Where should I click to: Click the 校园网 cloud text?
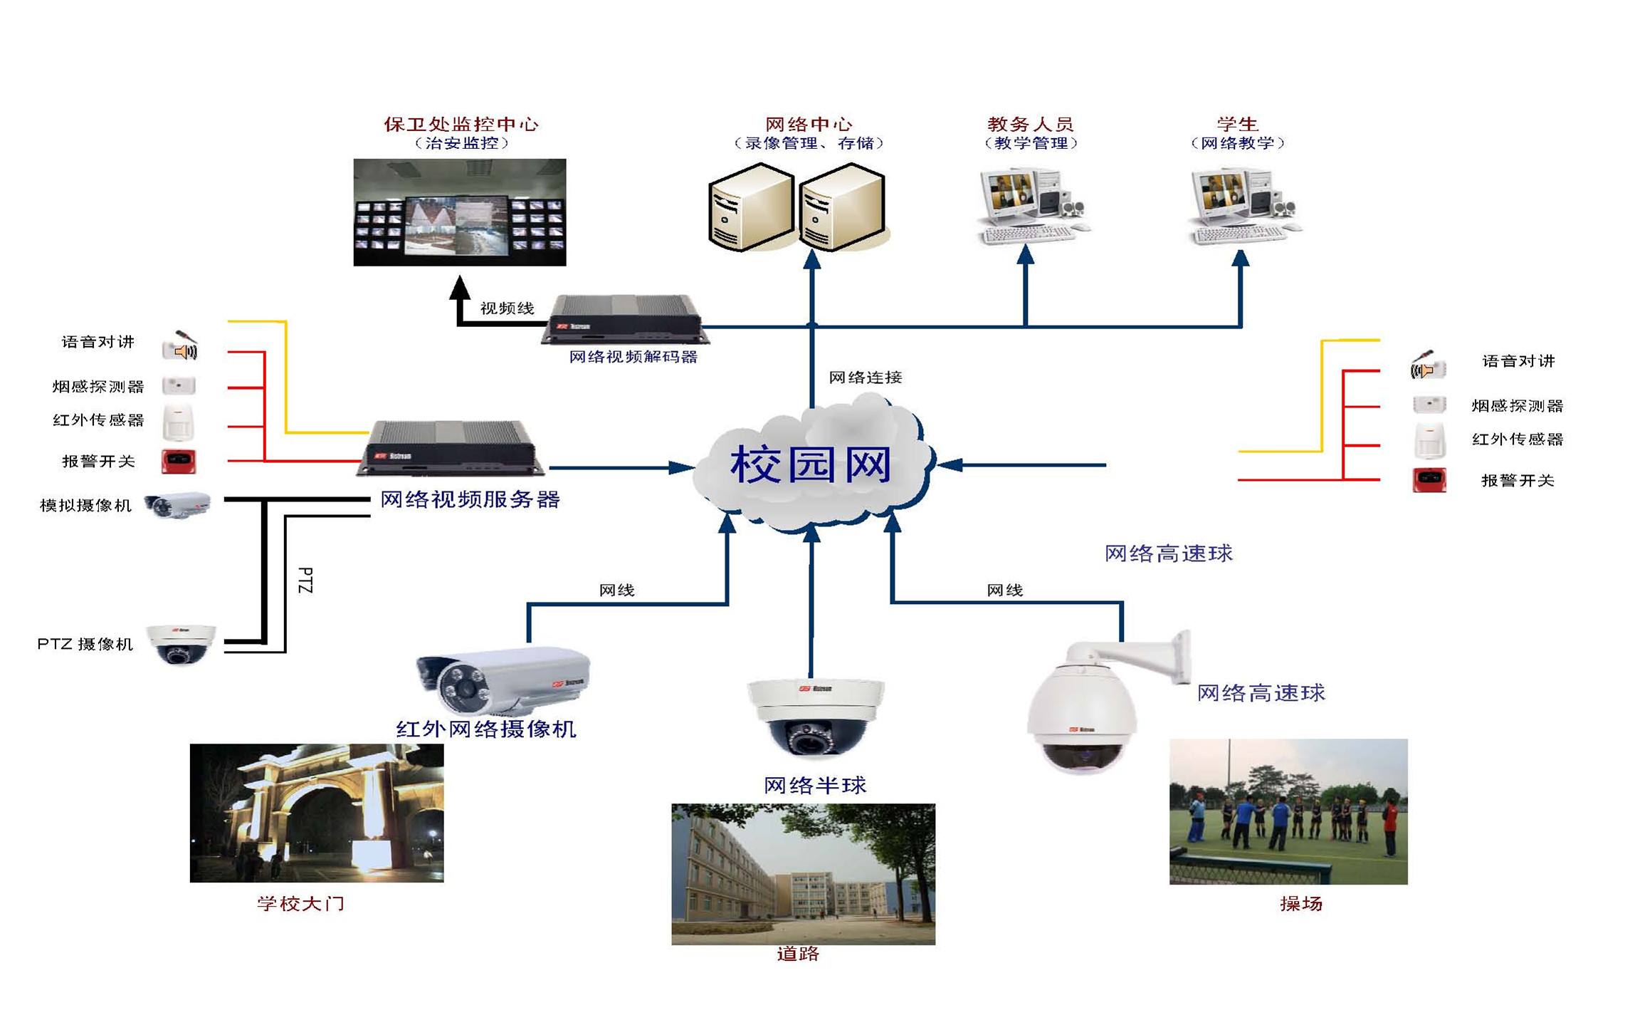click(811, 465)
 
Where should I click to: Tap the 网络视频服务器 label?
click(470, 499)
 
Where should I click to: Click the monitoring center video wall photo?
click(460, 212)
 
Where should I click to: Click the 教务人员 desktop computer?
click(1031, 206)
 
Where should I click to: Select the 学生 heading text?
click(1237, 124)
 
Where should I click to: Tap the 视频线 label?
click(507, 308)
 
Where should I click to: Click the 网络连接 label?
click(866, 378)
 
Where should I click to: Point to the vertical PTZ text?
click(305, 581)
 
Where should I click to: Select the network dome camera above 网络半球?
click(815, 716)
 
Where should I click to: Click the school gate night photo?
click(317, 813)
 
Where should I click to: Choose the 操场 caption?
click(1300, 904)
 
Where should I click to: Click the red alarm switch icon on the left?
click(178, 462)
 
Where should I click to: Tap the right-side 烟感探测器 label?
click(1517, 406)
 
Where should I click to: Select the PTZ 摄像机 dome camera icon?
click(181, 645)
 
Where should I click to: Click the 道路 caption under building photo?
click(798, 954)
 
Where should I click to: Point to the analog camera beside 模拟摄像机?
click(177, 506)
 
